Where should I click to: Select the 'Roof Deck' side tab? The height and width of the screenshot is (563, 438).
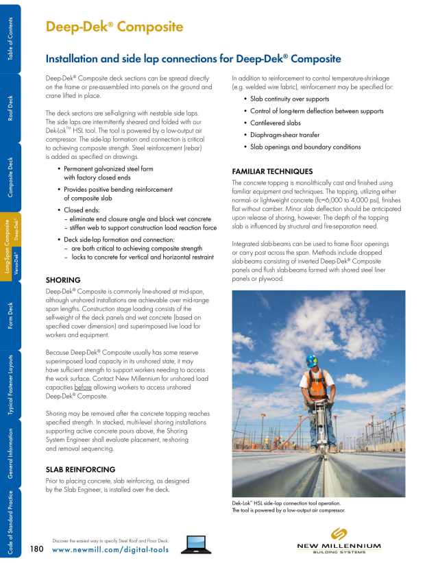[x=10, y=108]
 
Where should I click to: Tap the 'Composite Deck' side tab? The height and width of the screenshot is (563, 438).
[x=10, y=177]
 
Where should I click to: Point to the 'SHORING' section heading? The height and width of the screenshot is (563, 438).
[x=63, y=280]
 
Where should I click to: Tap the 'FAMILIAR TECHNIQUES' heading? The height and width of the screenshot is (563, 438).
[x=272, y=171]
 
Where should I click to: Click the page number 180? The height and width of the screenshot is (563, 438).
[x=38, y=549]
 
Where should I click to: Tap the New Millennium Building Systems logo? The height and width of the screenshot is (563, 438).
[x=339, y=541]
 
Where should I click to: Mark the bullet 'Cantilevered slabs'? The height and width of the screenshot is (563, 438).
[x=275, y=123]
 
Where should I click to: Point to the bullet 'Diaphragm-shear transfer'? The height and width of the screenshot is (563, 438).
[x=284, y=135]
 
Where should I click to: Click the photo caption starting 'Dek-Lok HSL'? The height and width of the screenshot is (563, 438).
[x=288, y=507]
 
